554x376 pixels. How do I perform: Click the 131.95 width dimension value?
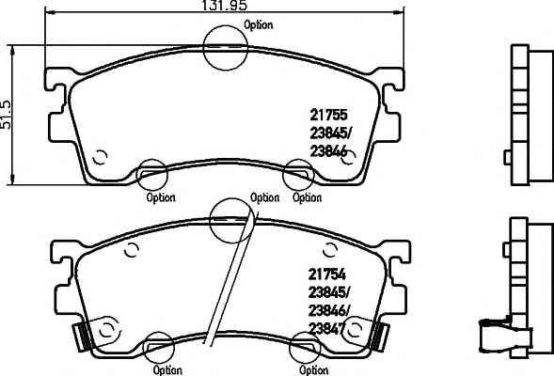point(225,6)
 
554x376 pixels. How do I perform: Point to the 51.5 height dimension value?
point(6,115)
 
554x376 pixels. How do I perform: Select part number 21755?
point(328,115)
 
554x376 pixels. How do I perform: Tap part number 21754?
point(326,274)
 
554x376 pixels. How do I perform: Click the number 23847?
point(326,329)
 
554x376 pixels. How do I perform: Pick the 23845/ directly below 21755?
point(331,133)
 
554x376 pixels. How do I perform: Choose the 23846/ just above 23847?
point(329,311)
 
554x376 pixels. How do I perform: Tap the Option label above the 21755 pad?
point(259,25)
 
